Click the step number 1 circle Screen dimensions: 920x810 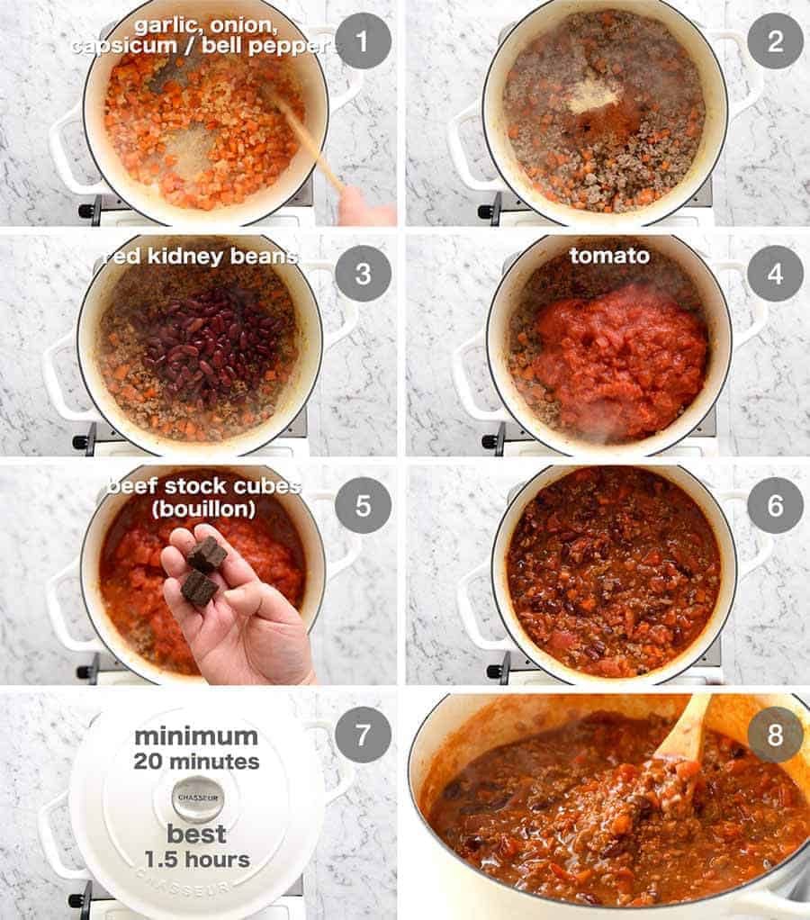(x=363, y=41)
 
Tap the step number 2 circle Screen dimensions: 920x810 (x=775, y=41)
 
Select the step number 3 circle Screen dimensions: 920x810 (x=363, y=274)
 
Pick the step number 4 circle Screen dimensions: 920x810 (x=775, y=274)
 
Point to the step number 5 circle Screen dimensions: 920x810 (x=363, y=505)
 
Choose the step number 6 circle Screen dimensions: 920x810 (x=775, y=505)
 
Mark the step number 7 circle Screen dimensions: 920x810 (x=363, y=735)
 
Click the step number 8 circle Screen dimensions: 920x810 (x=775, y=735)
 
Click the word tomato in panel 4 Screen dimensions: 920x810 (x=609, y=257)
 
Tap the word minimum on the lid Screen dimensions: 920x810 (x=196, y=736)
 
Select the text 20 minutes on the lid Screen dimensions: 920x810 (x=196, y=762)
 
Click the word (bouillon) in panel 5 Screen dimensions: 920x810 (x=203, y=509)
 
